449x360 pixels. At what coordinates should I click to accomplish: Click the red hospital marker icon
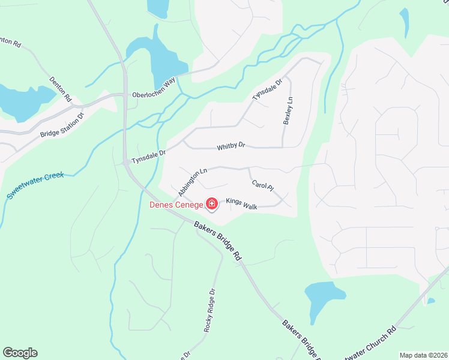[211, 205]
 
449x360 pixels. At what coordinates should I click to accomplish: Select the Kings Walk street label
[242, 204]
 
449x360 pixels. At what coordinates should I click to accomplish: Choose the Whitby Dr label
[231, 146]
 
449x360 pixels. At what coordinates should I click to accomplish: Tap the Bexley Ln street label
[288, 110]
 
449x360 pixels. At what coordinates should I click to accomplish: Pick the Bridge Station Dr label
[62, 125]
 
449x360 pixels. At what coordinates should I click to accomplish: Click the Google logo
[20, 353]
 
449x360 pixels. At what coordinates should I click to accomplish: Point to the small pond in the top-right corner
[404, 21]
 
